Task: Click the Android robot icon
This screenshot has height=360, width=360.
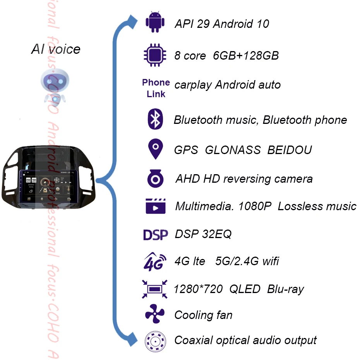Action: pos(155,22)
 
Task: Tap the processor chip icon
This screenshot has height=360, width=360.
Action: pos(155,55)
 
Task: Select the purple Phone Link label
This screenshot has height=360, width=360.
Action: pos(156,88)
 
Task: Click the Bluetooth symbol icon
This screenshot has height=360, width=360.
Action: pos(155,119)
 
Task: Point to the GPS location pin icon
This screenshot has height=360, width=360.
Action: pos(156,149)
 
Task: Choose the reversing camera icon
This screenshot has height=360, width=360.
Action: pos(156,179)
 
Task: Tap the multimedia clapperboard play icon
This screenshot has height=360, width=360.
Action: pos(156,206)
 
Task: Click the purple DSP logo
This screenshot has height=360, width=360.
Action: pos(155,234)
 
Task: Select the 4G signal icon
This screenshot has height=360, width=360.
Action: pos(155,261)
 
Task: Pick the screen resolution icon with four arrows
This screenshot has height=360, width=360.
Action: pos(155,289)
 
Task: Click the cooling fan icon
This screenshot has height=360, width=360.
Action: pos(155,314)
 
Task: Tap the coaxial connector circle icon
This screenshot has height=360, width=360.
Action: pos(155,341)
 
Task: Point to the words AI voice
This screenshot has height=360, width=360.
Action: pos(56,50)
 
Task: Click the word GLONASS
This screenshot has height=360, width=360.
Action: pos(233,150)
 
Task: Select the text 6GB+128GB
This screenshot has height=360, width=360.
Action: pos(246,56)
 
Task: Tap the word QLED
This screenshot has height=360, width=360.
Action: pos(245,289)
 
